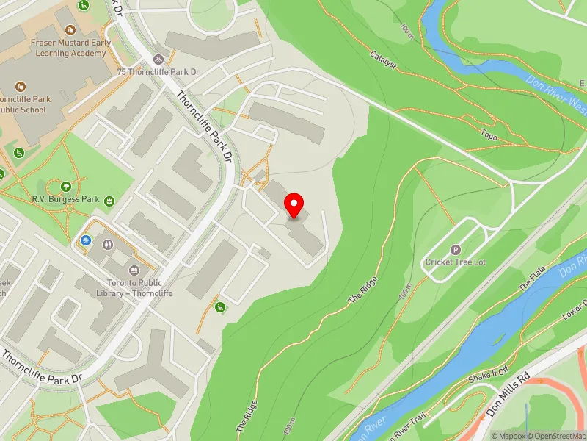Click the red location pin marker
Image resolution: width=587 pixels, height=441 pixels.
[x=294, y=205]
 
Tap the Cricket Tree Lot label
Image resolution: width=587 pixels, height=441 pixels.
[x=456, y=262]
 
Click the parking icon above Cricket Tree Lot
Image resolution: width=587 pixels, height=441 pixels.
[x=456, y=250]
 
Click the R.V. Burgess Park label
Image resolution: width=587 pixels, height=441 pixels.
[x=65, y=199]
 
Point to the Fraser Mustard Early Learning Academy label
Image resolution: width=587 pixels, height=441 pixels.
[x=69, y=48]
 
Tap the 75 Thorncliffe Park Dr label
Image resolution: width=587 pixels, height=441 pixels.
[x=158, y=72]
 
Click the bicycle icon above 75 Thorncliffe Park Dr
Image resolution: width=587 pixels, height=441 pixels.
[x=158, y=59]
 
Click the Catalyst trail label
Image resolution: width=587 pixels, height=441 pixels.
[x=383, y=60]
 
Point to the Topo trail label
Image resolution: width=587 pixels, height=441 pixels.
[x=489, y=135]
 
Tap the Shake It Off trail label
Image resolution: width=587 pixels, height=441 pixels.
[x=488, y=375]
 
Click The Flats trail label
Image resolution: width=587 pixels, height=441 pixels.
[x=533, y=276]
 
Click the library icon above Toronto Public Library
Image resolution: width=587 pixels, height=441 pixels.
[x=134, y=270]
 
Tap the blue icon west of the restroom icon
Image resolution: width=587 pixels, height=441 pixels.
[x=87, y=240]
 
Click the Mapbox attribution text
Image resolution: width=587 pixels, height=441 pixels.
[x=511, y=436]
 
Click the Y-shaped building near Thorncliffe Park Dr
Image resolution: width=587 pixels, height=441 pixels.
[x=150, y=364]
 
